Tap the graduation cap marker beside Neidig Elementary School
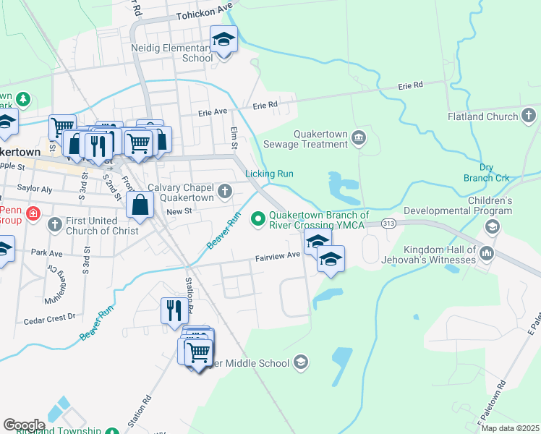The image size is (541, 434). [223, 40]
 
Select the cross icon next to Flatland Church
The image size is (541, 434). [529, 116]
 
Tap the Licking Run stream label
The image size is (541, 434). [269, 174]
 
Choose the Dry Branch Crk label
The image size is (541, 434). [487, 178]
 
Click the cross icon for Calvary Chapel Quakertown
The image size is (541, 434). [225, 191]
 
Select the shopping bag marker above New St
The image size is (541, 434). [139, 205]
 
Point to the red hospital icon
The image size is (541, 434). [33, 214]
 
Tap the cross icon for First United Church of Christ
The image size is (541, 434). [54, 224]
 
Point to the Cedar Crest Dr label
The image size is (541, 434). [49, 318]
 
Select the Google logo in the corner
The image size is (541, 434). [24, 425]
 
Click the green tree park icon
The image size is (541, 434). [23, 98]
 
